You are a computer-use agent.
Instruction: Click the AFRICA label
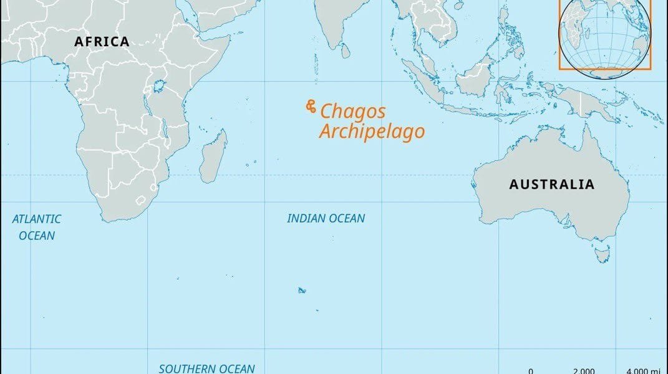102,42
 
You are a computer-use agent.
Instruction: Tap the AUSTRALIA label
551,185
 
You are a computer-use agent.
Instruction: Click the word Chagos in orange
353,112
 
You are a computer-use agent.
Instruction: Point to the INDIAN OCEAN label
326,219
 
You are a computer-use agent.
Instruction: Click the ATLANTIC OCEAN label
37,227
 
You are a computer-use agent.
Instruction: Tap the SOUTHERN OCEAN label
206,368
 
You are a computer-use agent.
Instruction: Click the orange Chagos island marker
310,108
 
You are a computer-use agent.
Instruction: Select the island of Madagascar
214,156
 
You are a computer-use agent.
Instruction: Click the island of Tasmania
601,253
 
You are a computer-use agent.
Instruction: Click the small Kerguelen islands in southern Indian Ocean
302,290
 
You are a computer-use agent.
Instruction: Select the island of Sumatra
425,79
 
